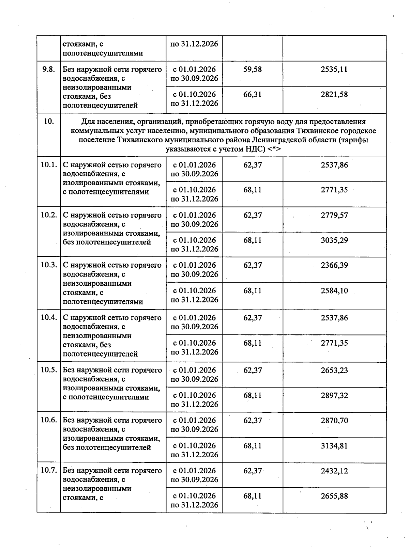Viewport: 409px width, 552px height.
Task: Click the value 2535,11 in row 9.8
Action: pyautogui.click(x=334, y=69)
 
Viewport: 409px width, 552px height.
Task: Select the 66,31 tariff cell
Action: pyautogui.click(x=252, y=94)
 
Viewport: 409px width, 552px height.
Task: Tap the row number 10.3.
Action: pyautogui.click(x=49, y=265)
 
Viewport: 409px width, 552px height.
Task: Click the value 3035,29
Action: pyautogui.click(x=334, y=240)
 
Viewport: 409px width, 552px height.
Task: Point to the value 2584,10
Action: pyautogui.click(x=334, y=291)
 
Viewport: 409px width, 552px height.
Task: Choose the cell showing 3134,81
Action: pyautogui.click(x=334, y=446)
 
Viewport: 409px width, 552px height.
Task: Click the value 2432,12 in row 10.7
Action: pyautogui.click(x=334, y=471)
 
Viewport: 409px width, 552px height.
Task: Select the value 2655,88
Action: pyautogui.click(x=334, y=496)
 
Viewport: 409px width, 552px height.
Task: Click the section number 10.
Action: pyautogui.click(x=49, y=122)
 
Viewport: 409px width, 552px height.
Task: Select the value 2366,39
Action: pyautogui.click(x=334, y=265)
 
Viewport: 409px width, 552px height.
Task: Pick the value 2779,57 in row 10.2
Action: pyautogui.click(x=334, y=215)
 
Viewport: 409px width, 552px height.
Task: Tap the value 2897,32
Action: pyautogui.click(x=334, y=395)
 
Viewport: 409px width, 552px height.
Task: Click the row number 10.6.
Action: pyautogui.click(x=49, y=420)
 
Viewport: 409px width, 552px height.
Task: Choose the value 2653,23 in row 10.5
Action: pyautogui.click(x=334, y=370)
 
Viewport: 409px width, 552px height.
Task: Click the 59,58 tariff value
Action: pyautogui.click(x=252, y=69)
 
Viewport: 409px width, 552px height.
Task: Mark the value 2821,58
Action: pyautogui.click(x=334, y=94)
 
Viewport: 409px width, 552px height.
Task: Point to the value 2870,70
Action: pyautogui.click(x=334, y=421)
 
